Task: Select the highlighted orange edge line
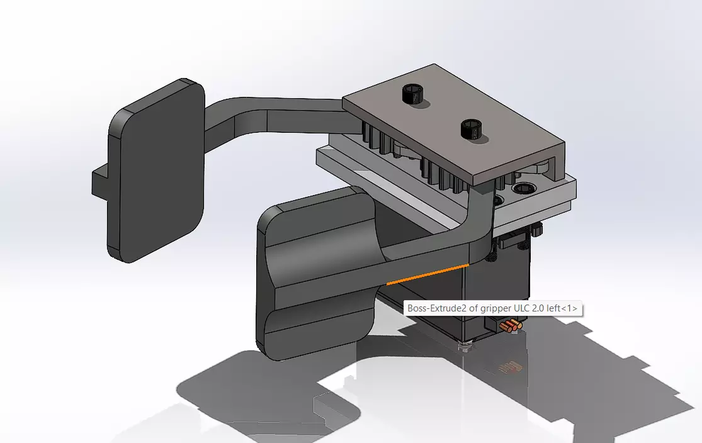[x=428, y=275]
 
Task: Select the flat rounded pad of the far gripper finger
[x=156, y=173]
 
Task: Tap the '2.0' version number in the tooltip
[x=538, y=309]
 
